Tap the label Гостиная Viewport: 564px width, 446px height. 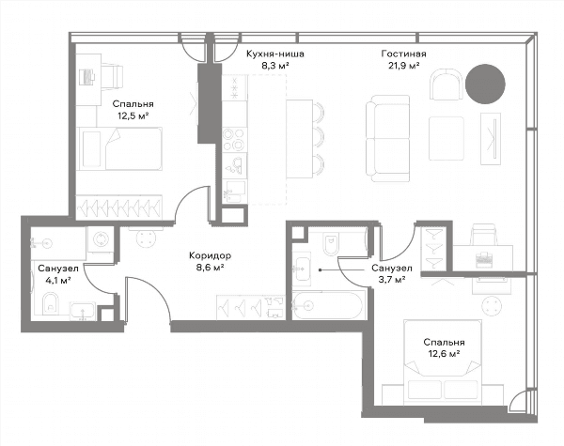pyautogui.click(x=403, y=54)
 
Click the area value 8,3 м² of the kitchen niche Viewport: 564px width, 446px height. pyautogui.click(x=275, y=66)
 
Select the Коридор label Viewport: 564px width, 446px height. pyautogui.click(x=210, y=255)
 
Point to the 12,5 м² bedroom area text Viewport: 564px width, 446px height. pyautogui.click(x=133, y=115)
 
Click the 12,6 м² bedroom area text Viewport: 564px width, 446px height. pyautogui.click(x=445, y=354)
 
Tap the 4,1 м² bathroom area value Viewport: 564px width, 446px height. pyautogui.click(x=57, y=281)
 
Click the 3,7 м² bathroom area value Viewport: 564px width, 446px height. pyautogui.click(x=392, y=280)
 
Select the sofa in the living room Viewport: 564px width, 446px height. pyautogui.click(x=387, y=138)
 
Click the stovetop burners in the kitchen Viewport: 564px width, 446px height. pyautogui.click(x=234, y=140)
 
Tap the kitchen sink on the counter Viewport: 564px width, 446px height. pyautogui.click(x=234, y=166)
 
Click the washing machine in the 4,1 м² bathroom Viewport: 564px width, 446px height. pyautogui.click(x=101, y=238)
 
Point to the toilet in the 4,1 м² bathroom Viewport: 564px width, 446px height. pyautogui.click(x=51, y=303)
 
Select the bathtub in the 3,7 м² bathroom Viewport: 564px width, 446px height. pyautogui.click(x=329, y=305)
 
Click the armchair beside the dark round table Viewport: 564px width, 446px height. pyautogui.click(x=446, y=85)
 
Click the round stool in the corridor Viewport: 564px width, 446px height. pyautogui.click(x=148, y=238)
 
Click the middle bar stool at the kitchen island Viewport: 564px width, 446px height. pyautogui.click(x=319, y=137)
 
